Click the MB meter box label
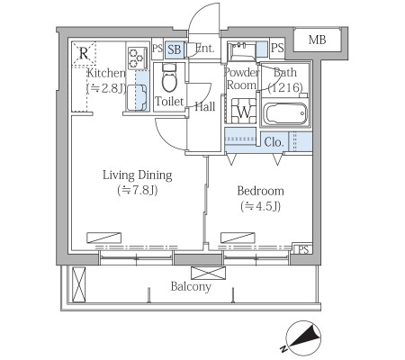coord(317,40)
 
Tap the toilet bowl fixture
coord(170,77)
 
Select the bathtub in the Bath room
coord(285,113)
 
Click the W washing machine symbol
coord(244,111)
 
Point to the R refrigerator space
coord(84,54)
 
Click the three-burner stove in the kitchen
coord(138,58)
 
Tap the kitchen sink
coord(137,97)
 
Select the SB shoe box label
coord(174,49)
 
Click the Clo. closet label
coord(274,142)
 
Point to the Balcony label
coord(191,287)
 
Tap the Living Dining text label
coord(138,175)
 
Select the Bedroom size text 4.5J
coord(260,206)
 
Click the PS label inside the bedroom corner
coord(303,249)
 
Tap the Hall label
coord(205,106)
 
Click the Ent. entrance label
coord(205,48)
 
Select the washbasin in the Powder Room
coord(241,50)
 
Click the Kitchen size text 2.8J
coord(106,88)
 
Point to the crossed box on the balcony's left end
coord(79,284)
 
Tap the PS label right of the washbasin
coord(277,48)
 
